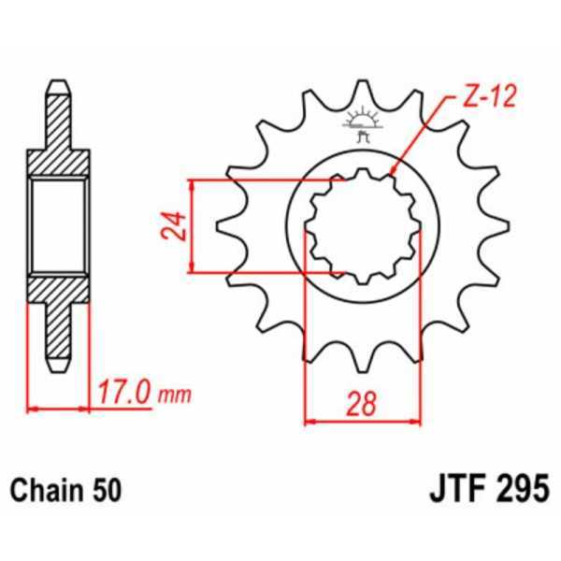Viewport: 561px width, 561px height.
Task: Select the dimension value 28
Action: (x=364, y=403)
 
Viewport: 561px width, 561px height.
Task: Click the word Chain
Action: (x=43, y=489)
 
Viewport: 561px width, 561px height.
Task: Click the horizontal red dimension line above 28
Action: (x=364, y=420)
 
